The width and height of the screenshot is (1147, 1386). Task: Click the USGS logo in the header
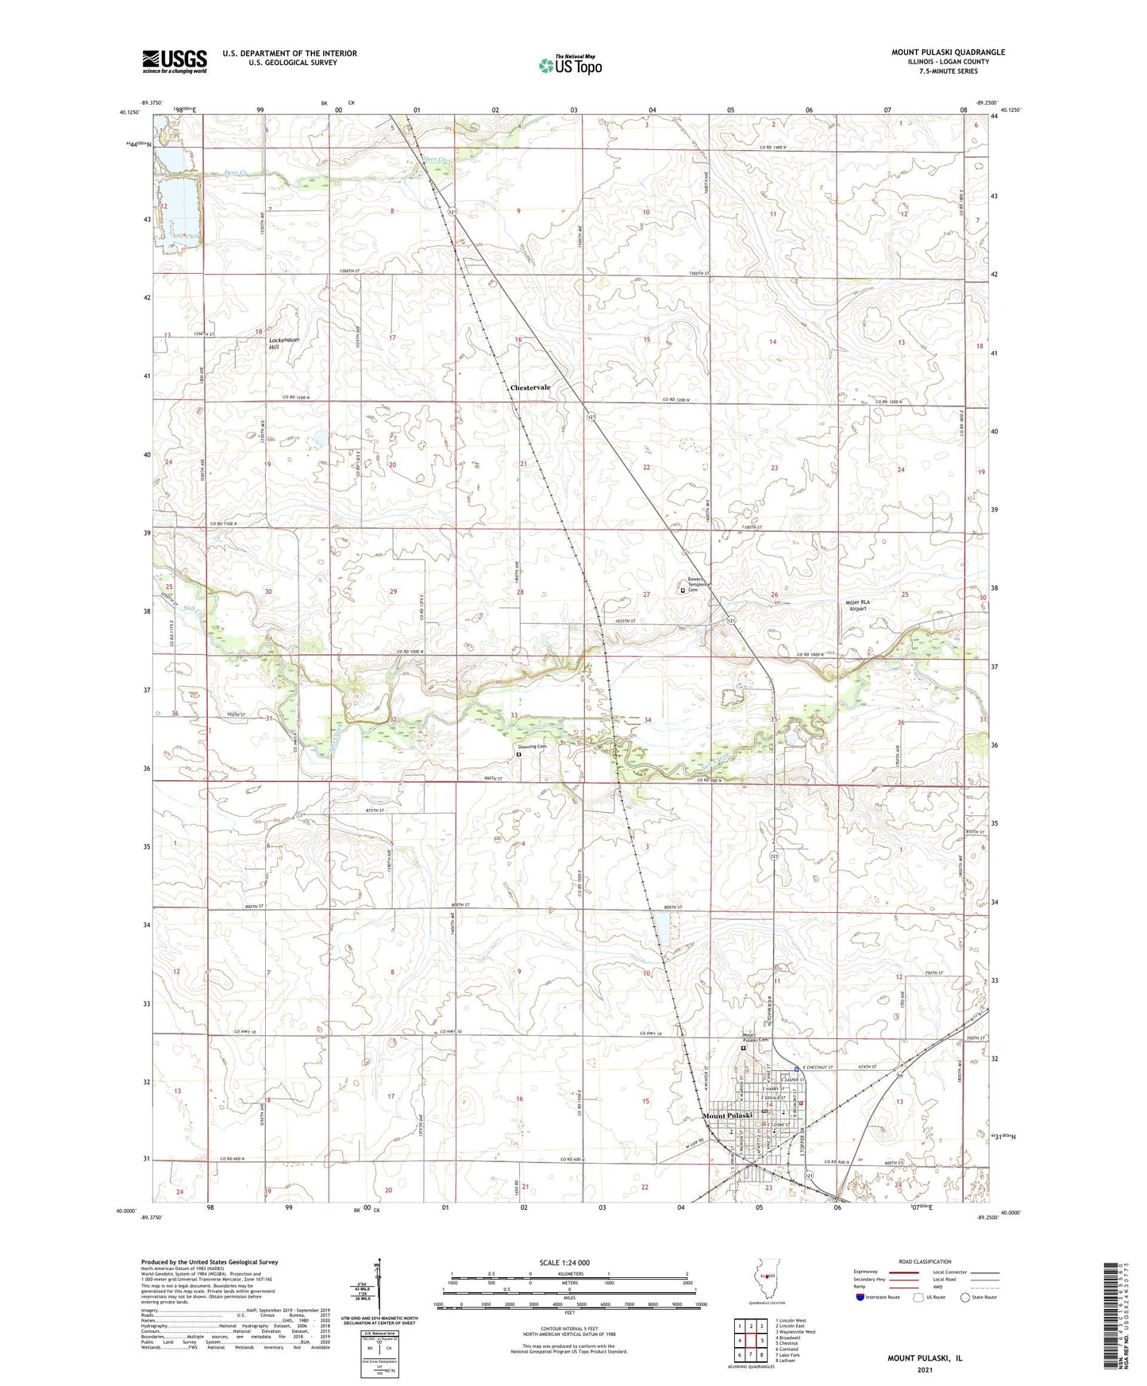coord(175,61)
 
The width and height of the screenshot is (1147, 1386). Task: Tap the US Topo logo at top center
coord(569,65)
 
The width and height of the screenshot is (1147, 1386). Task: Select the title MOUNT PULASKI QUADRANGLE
coord(948,52)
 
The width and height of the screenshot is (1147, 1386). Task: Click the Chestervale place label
coord(530,387)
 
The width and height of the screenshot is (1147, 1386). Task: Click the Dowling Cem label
coord(533,747)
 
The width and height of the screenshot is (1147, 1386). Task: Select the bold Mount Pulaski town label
coord(728,1116)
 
